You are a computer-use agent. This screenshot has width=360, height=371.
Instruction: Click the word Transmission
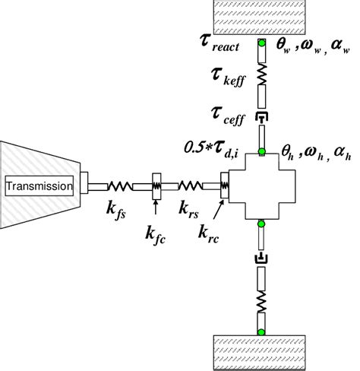tap(40, 185)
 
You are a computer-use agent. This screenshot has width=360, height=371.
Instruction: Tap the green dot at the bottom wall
tap(261, 330)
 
